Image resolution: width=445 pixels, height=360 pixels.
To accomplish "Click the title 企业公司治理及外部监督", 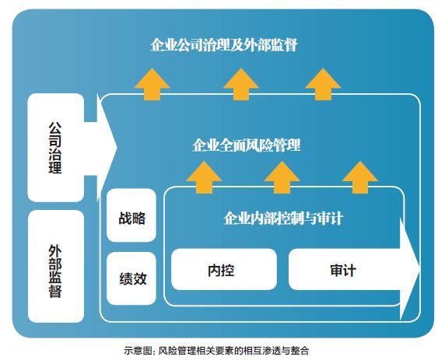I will (x=224, y=45).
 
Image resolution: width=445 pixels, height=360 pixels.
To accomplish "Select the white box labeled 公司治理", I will (x=55, y=147).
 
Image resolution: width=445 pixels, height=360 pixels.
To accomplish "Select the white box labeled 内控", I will (x=223, y=270).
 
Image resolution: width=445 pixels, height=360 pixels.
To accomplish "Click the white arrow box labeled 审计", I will (x=342, y=270).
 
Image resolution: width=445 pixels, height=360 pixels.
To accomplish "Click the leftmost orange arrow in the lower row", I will (x=202, y=176).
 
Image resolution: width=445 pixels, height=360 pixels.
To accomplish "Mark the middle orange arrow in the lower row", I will (x=281, y=176).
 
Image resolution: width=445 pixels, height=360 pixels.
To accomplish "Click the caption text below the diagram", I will (x=222, y=350).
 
